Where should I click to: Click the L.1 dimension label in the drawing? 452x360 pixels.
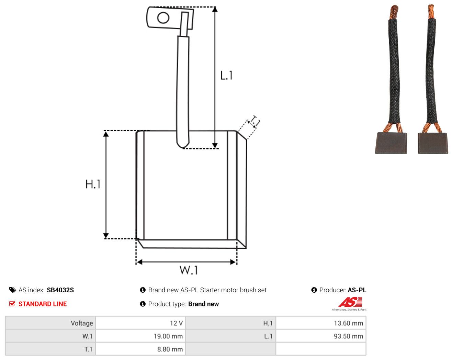click(226, 75)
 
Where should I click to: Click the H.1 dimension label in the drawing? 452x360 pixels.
click(93, 184)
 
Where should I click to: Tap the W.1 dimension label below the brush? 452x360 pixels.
click(189, 270)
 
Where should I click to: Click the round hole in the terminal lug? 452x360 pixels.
click(163, 18)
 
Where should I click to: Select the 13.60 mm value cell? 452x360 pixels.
click(320, 323)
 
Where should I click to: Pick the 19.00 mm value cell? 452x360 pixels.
click(140, 336)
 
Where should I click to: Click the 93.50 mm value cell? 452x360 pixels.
click(320, 336)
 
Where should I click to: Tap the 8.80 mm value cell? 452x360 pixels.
click(140, 349)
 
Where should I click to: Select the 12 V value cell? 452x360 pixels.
click(140, 323)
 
